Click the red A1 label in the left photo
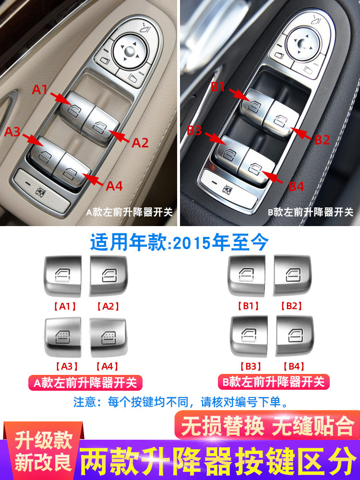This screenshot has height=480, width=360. pos(40,89)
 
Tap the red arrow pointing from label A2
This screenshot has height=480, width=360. pos(119,136)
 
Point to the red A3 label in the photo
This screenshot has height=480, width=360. pos(12,132)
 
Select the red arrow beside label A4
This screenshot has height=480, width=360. pos(93,179)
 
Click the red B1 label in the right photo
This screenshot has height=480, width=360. pos(218,87)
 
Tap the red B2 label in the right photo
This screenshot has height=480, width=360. pos(322,140)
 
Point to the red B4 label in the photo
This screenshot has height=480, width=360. pos(296,186)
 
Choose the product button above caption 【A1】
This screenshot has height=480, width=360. pos(63,276)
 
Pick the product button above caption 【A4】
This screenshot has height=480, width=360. pos(108,337)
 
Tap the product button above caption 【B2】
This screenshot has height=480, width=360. pos(292,275)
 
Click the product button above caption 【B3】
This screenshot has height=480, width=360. pos(249,336)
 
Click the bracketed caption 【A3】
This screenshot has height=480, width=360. pos(67,366)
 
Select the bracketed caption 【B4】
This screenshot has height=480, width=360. pos(294,366)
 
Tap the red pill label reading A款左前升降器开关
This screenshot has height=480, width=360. pos(85,383)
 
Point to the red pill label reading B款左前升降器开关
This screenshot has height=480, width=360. pos(274,382)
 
